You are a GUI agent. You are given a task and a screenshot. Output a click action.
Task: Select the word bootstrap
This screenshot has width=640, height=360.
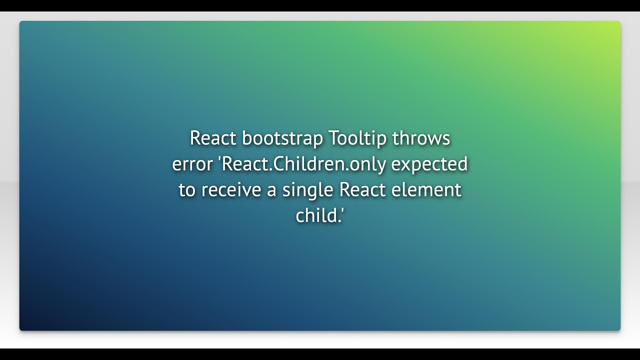pyautogui.click(x=282, y=139)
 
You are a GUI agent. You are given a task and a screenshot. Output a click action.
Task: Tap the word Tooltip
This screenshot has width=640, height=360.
pyautogui.click(x=358, y=139)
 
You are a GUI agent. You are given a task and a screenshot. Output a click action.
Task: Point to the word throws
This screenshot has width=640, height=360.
pyautogui.click(x=421, y=138)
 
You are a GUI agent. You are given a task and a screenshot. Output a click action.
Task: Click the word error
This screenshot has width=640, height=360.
pyautogui.click(x=192, y=164)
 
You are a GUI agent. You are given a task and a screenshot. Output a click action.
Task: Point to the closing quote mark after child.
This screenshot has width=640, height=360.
pyautogui.click(x=342, y=211)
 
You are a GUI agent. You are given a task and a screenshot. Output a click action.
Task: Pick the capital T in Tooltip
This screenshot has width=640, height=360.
pyautogui.click(x=334, y=138)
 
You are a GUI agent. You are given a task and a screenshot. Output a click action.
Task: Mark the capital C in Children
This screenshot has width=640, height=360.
pyautogui.click(x=281, y=164)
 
